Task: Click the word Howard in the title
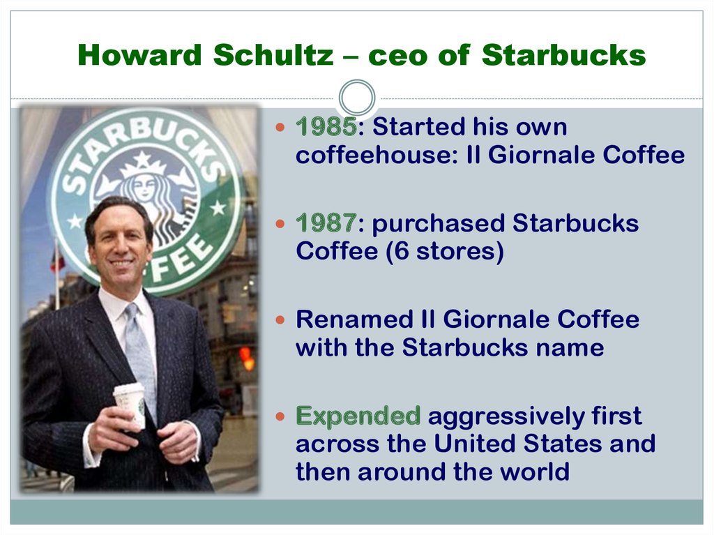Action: click(x=139, y=54)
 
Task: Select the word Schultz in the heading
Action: click(x=273, y=54)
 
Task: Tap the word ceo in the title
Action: click(x=397, y=56)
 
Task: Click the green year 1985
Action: click(x=326, y=126)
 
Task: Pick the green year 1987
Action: click(x=326, y=223)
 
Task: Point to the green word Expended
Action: click(x=358, y=416)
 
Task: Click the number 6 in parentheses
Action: click(x=402, y=251)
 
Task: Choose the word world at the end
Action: click(x=535, y=472)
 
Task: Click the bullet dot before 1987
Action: click(x=280, y=224)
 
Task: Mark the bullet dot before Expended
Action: click(x=280, y=416)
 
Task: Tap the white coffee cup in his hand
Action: click(x=130, y=405)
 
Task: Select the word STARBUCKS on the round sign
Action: click(x=141, y=146)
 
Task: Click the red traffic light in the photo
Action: click(x=247, y=357)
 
